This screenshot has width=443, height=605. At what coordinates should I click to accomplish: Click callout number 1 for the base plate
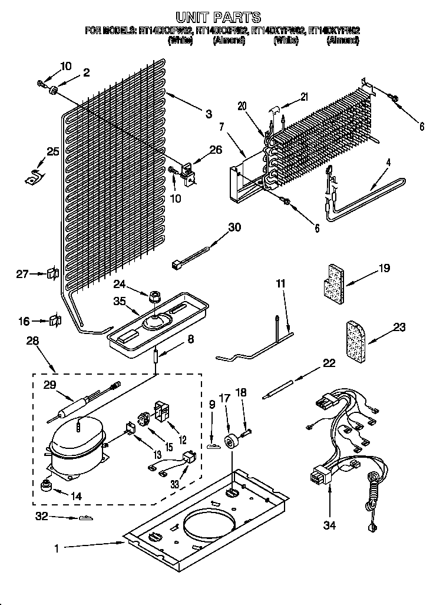pyautogui.click(x=57, y=549)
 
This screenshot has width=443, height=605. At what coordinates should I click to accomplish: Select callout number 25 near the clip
pyautogui.click(x=53, y=152)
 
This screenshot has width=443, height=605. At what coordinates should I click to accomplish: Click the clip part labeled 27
pyautogui.click(x=52, y=273)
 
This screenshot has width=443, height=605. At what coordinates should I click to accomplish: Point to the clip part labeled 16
pyautogui.click(x=55, y=321)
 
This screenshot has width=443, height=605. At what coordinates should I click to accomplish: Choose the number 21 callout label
pyautogui.click(x=304, y=97)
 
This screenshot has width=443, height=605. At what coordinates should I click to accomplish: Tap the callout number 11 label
pyautogui.click(x=280, y=284)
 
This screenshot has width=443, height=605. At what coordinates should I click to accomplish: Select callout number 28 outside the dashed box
pyautogui.click(x=32, y=340)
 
